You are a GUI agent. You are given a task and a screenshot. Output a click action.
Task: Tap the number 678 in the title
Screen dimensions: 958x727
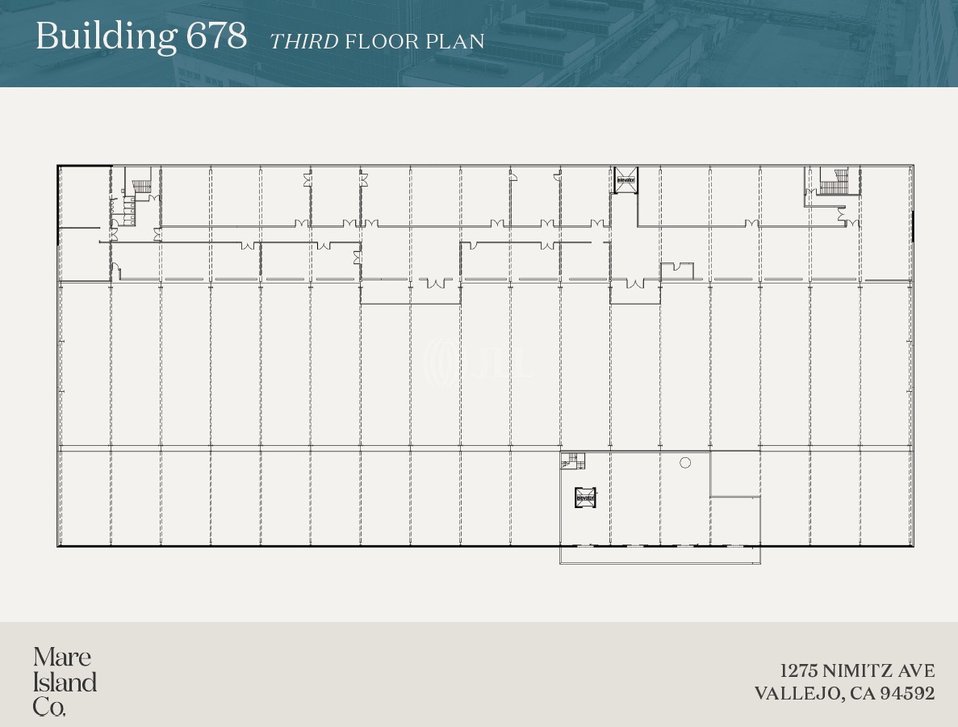(x=215, y=37)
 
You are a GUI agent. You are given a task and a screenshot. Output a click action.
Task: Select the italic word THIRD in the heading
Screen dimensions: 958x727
(x=303, y=41)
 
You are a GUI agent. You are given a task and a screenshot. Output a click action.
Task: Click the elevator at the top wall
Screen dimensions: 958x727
(x=625, y=179)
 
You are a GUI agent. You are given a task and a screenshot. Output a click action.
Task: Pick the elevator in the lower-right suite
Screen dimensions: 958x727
(x=585, y=498)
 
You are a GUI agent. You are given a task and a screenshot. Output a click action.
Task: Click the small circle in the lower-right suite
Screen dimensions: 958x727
(x=685, y=463)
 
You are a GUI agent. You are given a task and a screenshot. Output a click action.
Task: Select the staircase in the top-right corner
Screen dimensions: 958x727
(x=832, y=181)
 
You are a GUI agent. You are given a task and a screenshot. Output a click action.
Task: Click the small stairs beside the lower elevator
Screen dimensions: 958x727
(x=573, y=460)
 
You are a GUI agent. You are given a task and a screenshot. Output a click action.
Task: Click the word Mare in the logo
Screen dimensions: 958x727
(x=62, y=657)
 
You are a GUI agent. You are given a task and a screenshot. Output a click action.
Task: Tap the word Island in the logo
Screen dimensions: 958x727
(x=65, y=683)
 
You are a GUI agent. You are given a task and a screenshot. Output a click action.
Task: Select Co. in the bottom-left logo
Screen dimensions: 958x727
(x=49, y=708)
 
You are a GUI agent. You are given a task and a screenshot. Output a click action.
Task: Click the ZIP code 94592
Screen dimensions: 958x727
(x=908, y=693)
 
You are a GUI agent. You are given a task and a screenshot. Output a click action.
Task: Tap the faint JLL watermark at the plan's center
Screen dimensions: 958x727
(x=479, y=361)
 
